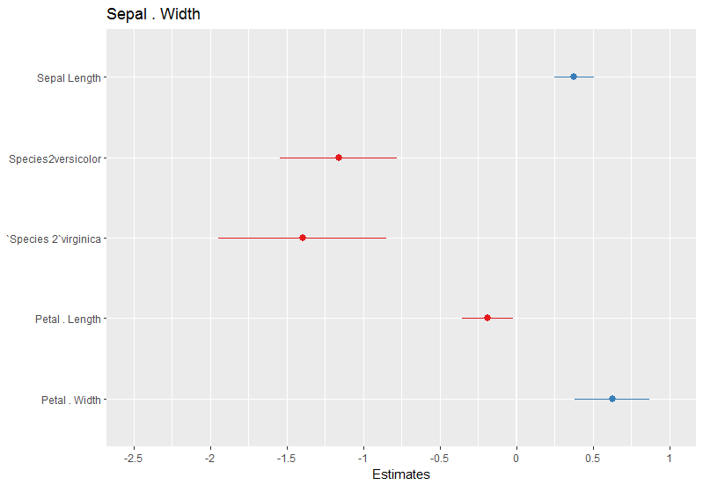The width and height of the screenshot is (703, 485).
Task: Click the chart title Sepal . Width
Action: click(x=153, y=14)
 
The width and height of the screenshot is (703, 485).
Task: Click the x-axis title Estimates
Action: click(x=401, y=475)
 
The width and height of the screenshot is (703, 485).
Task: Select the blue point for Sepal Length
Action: click(x=574, y=77)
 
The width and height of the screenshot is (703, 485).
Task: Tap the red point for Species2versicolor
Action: click(x=339, y=158)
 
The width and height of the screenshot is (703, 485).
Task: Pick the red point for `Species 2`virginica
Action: click(x=303, y=238)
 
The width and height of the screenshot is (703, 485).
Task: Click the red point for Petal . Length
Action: click(x=487, y=318)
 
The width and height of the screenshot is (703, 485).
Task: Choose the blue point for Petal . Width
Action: click(x=612, y=399)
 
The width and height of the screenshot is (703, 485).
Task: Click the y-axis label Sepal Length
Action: click(x=69, y=78)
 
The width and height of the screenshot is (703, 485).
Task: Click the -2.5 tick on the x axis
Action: click(x=134, y=459)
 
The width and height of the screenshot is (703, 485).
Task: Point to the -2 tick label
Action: click(x=210, y=459)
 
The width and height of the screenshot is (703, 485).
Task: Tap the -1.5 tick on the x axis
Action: click(x=287, y=459)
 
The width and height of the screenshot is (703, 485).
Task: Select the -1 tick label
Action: click(x=363, y=459)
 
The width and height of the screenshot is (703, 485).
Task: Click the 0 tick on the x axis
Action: click(x=516, y=459)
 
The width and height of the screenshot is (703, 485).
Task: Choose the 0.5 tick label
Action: click(x=593, y=459)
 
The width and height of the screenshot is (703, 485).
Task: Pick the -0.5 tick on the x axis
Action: click(x=440, y=459)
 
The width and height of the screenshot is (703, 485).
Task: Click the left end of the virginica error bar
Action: click(x=218, y=238)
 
